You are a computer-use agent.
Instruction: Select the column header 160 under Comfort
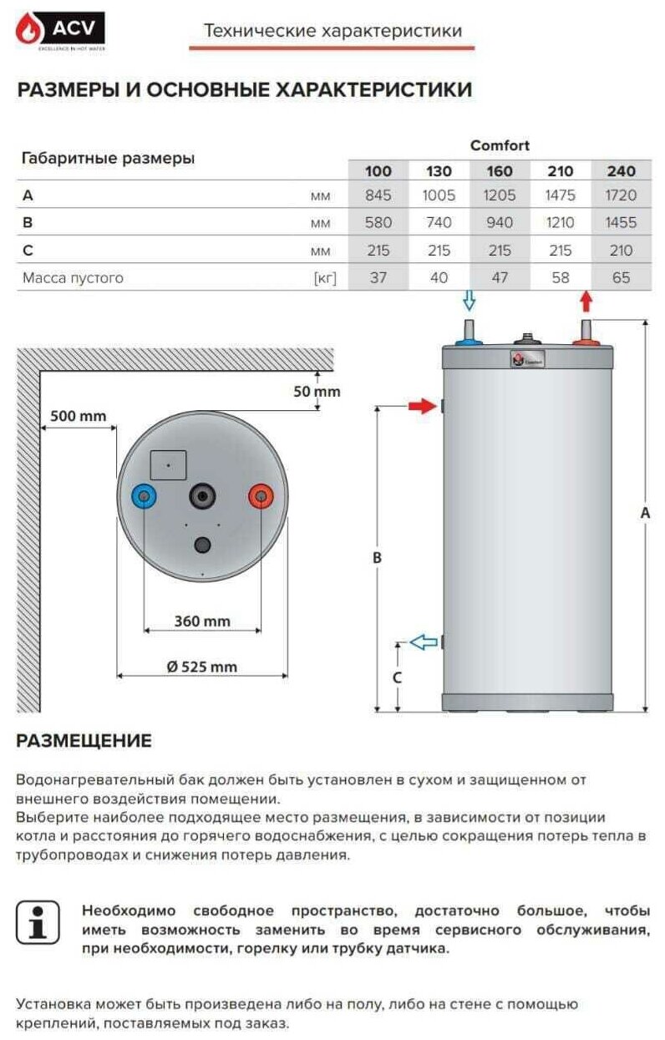(500, 171)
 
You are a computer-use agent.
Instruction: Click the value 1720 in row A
(621, 196)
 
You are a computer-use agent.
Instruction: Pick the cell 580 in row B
(378, 223)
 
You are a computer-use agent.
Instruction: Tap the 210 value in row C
(621, 251)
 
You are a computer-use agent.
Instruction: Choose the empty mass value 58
(561, 278)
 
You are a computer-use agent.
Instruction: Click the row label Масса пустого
(73, 278)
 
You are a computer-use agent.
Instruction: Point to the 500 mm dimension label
(78, 415)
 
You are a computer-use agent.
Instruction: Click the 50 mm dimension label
(317, 391)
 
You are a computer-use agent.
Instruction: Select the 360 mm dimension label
(202, 621)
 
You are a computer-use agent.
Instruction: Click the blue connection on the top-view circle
(145, 498)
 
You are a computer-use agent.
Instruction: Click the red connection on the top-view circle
(261, 498)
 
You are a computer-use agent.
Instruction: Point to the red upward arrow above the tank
(586, 301)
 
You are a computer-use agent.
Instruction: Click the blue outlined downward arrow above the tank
(470, 300)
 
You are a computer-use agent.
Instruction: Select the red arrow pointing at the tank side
(423, 406)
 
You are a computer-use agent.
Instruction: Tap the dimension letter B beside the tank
(377, 557)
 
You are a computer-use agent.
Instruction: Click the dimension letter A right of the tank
(644, 514)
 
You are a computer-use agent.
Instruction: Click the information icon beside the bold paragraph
(38, 922)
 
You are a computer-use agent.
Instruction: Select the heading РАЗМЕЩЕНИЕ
(84, 740)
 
